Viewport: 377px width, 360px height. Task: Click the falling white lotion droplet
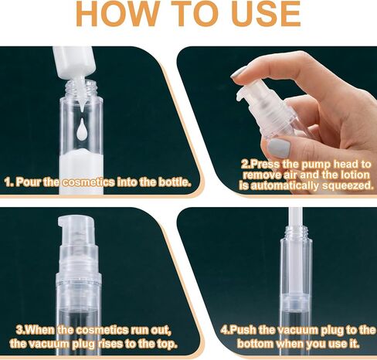(82, 128)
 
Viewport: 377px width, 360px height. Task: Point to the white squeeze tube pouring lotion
(73, 64)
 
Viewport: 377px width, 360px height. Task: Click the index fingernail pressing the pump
(239, 72)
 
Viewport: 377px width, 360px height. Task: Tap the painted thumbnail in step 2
(279, 148)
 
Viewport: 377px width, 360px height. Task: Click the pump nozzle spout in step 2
(241, 93)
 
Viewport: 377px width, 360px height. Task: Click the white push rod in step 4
(295, 216)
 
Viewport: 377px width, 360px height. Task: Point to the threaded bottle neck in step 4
(296, 232)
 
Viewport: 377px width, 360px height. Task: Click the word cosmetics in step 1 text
(89, 182)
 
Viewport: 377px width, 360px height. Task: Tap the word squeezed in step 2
(348, 185)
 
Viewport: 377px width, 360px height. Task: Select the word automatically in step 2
(284, 185)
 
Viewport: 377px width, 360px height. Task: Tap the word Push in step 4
(243, 330)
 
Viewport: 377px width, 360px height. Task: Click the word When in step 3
(40, 330)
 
